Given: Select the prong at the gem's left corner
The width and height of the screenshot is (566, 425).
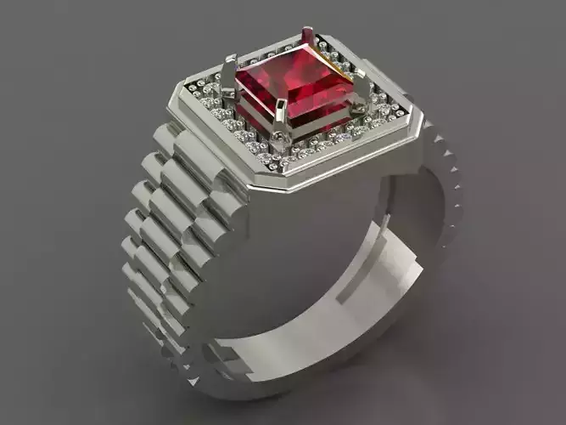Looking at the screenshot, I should (x=229, y=72).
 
